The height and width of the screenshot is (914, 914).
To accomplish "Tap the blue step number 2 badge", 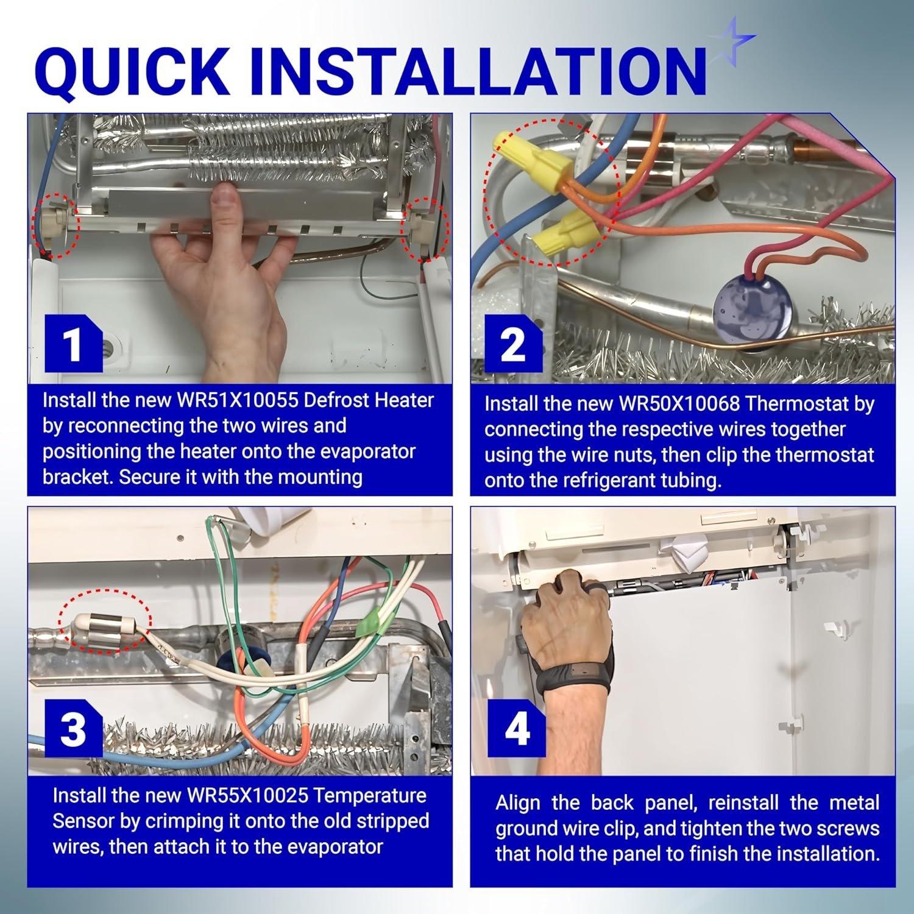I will [x=513, y=345].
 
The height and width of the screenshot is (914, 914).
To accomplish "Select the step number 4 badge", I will [x=517, y=729].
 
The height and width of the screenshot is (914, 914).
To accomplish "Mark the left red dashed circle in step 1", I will [x=54, y=225].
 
